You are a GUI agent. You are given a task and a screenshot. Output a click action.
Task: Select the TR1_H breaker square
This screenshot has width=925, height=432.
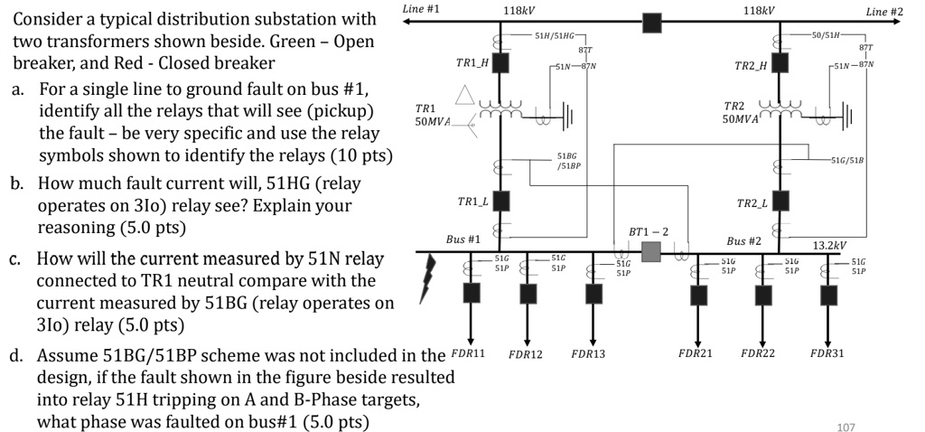[x=500, y=63]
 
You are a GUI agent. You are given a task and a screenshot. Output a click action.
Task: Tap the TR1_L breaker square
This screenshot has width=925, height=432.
[x=500, y=200]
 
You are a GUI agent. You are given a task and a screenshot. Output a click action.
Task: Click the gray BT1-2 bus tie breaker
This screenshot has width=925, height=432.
[x=651, y=251]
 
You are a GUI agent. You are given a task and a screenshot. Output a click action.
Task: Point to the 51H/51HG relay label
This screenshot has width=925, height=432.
[x=554, y=34]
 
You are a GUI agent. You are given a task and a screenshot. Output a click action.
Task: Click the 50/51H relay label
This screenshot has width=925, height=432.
[x=826, y=34]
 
